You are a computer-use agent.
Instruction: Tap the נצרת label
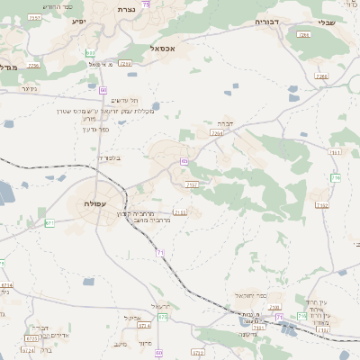point(124,9)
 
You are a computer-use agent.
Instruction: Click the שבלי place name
point(328,22)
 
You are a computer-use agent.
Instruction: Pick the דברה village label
point(225,124)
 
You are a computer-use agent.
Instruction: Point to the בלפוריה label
point(107,157)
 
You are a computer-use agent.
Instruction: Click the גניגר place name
point(29,89)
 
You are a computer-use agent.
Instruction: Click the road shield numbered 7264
point(216,132)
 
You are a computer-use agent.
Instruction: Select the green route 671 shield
point(49,222)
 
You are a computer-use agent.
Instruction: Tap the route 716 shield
point(335,177)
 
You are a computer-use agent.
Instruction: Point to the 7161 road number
point(335,152)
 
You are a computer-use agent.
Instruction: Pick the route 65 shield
point(184,161)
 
